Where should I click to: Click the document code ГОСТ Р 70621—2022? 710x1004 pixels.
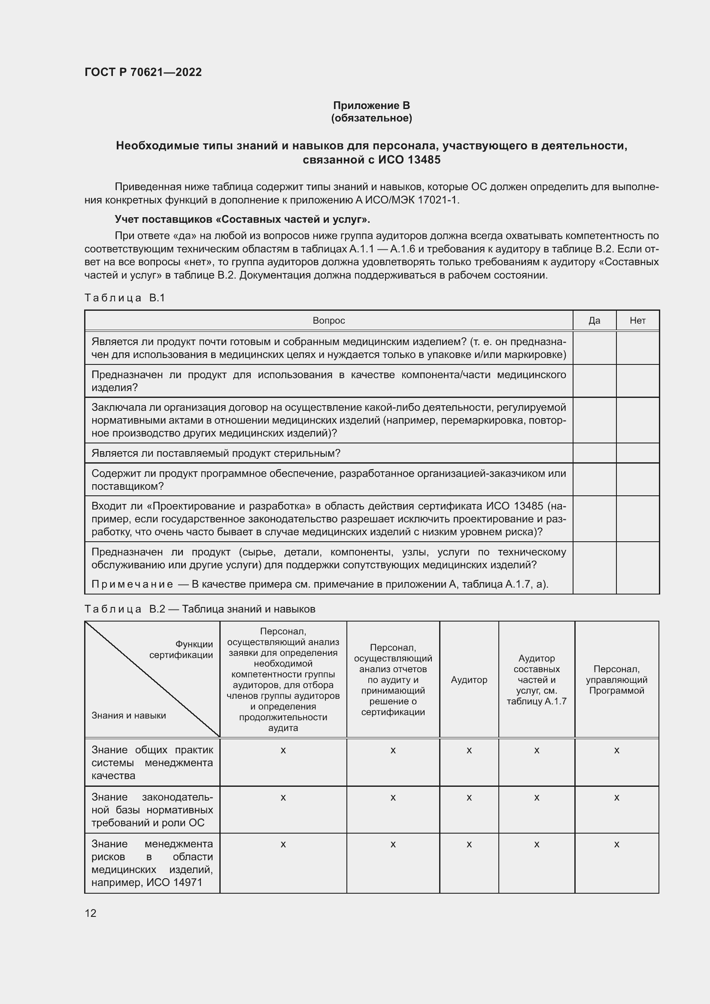(143, 72)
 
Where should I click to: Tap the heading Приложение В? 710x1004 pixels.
(371, 106)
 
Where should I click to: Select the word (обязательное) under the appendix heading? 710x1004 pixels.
(371, 118)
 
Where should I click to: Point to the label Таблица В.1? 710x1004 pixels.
(124, 298)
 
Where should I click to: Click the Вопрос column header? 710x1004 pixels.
(328, 321)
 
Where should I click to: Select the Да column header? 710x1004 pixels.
(594, 321)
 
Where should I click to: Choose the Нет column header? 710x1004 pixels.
(637, 321)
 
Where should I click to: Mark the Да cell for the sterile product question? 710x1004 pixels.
(594, 453)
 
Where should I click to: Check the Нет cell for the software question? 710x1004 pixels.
(637, 479)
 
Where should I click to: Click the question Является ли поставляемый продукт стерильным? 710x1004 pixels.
(215, 453)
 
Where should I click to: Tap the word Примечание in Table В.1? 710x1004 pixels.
(132, 584)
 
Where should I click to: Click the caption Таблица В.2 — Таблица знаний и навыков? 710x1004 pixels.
(200, 609)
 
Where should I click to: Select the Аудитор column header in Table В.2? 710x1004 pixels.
(469, 680)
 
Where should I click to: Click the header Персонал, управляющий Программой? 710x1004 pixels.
(616, 680)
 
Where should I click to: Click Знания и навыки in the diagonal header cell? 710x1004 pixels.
(128, 716)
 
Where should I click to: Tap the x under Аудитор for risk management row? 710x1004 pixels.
(469, 844)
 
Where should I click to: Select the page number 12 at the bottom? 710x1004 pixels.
(91, 913)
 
